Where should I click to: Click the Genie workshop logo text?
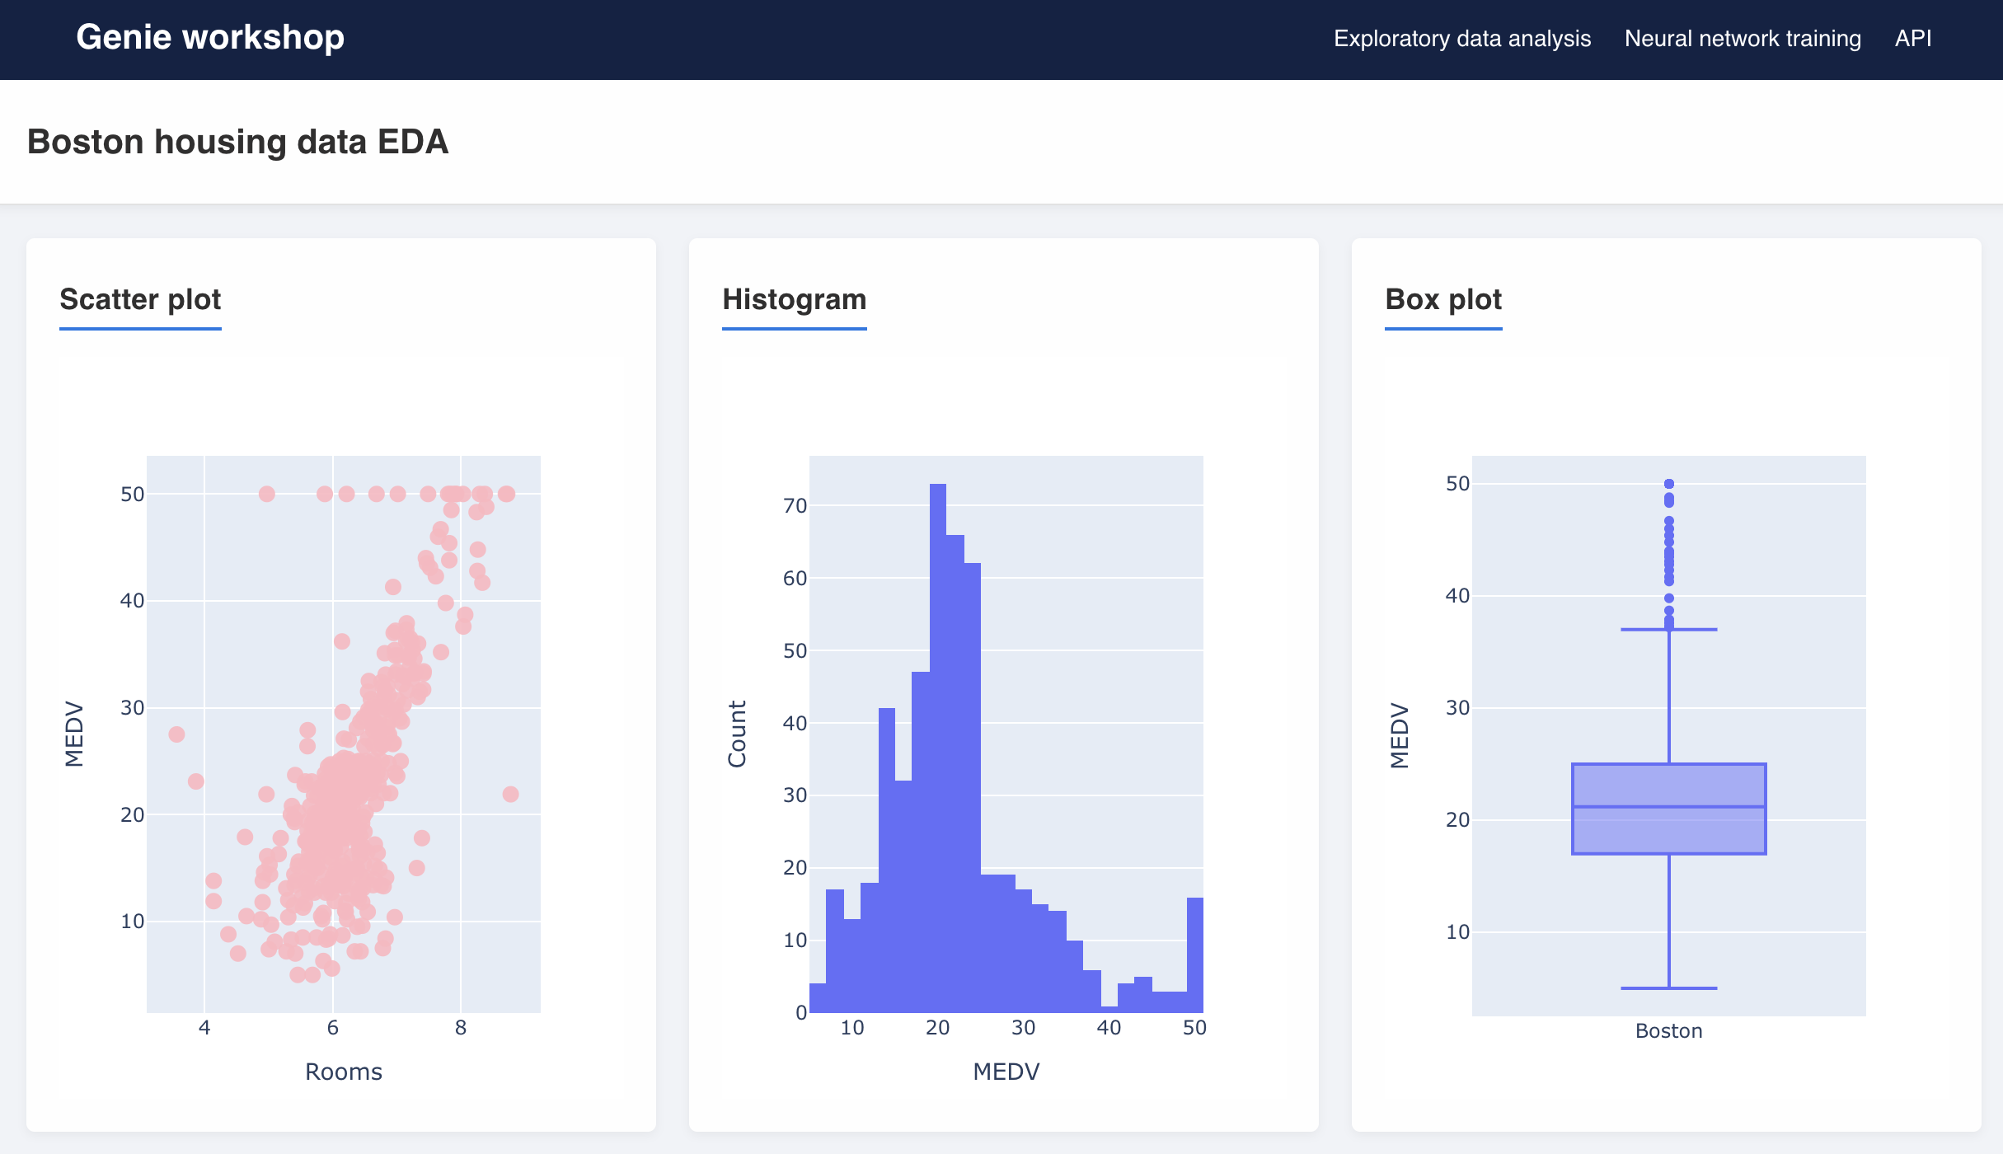click(x=210, y=38)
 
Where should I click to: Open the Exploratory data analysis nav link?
click(x=1461, y=39)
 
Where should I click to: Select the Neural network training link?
click(x=1743, y=39)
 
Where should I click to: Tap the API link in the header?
click(x=1913, y=39)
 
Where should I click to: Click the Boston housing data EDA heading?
click(x=237, y=142)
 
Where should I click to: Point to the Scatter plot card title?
click(x=140, y=299)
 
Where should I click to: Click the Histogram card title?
click(x=794, y=299)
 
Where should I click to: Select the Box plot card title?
click(x=1443, y=299)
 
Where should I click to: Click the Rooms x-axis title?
click(x=343, y=1072)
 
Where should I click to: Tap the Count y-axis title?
click(x=737, y=734)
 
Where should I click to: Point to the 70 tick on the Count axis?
click(x=795, y=506)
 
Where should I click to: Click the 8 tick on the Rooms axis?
click(x=460, y=1028)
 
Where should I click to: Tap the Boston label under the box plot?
click(x=1668, y=1031)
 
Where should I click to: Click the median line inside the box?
click(x=1668, y=807)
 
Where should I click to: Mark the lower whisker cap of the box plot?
click(x=1668, y=987)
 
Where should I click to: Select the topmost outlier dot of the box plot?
click(x=1669, y=484)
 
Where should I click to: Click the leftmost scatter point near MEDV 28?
click(x=176, y=734)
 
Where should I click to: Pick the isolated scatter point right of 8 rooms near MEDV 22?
click(x=510, y=795)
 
